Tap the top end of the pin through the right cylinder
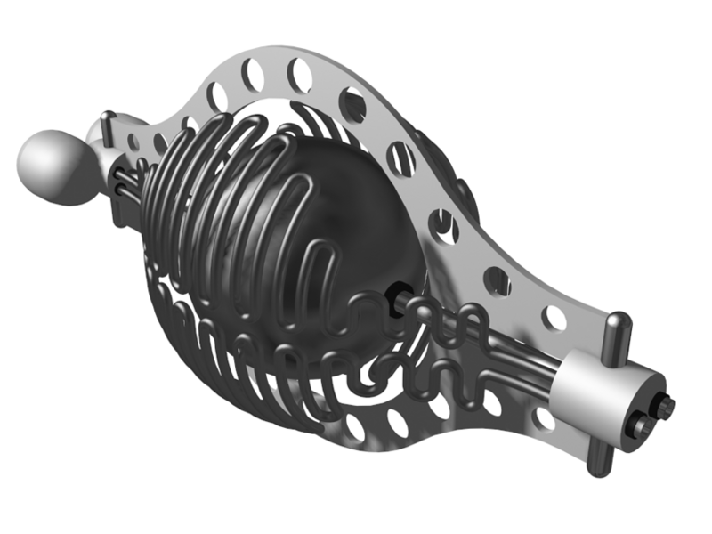pos(618,322)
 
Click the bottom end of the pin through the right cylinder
pos(595,456)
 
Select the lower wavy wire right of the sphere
pos(436,374)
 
